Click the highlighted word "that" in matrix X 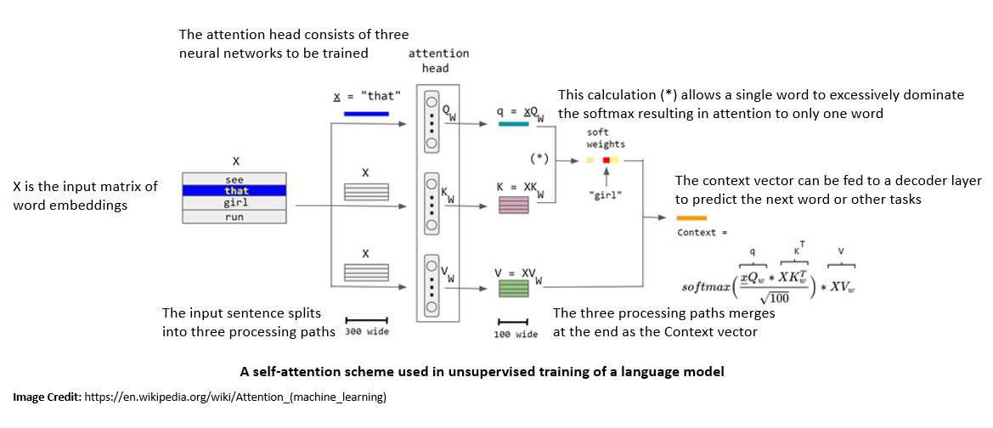pyautogui.click(x=236, y=191)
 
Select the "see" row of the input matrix pyautogui.click(x=236, y=179)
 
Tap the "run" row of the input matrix pyautogui.click(x=236, y=217)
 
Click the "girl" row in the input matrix pyautogui.click(x=236, y=204)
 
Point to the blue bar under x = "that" pyautogui.click(x=366, y=113)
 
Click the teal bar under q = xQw pyautogui.click(x=514, y=124)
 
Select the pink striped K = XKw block pyautogui.click(x=513, y=205)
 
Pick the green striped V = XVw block pyautogui.click(x=513, y=288)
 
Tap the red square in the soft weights pyautogui.click(x=607, y=160)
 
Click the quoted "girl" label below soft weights pyautogui.click(x=607, y=194)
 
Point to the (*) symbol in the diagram pyautogui.click(x=539, y=158)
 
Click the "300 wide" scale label pyautogui.click(x=367, y=332)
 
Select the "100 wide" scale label pyautogui.click(x=516, y=335)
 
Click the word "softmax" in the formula pyautogui.click(x=707, y=287)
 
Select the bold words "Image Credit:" pyautogui.click(x=46, y=397)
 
